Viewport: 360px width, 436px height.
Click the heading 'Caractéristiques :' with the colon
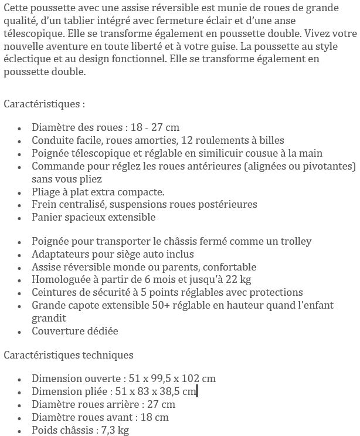45,104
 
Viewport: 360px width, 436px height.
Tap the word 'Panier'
47,217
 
